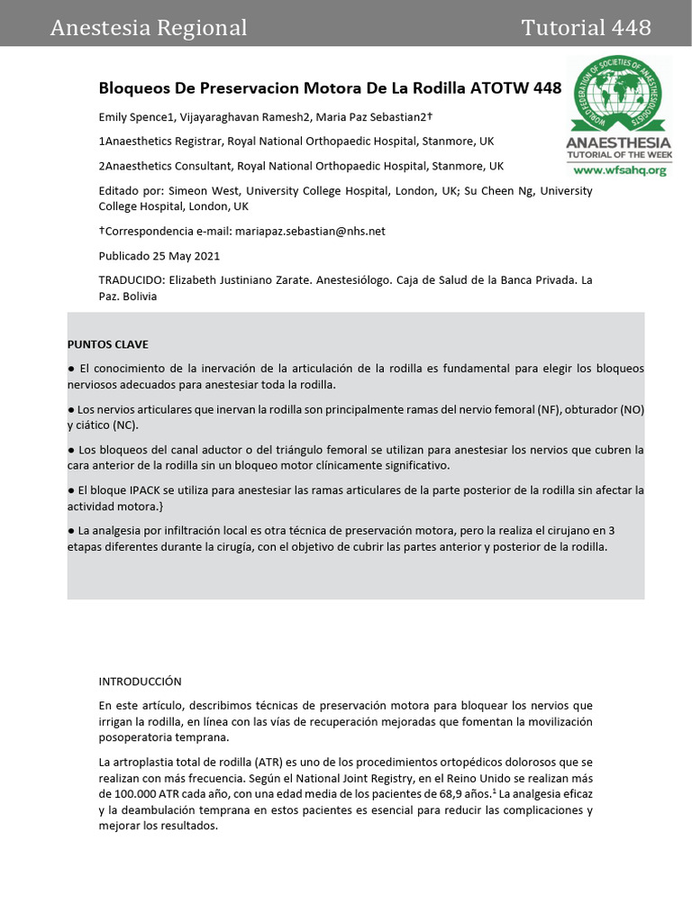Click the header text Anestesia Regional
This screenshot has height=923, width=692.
click(149, 28)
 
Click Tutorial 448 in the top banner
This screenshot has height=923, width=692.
click(586, 28)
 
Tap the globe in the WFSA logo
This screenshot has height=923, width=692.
click(617, 94)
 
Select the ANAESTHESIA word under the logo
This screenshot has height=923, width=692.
click(618, 143)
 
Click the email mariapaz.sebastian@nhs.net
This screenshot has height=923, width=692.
click(310, 231)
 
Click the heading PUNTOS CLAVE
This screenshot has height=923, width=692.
click(108, 344)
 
